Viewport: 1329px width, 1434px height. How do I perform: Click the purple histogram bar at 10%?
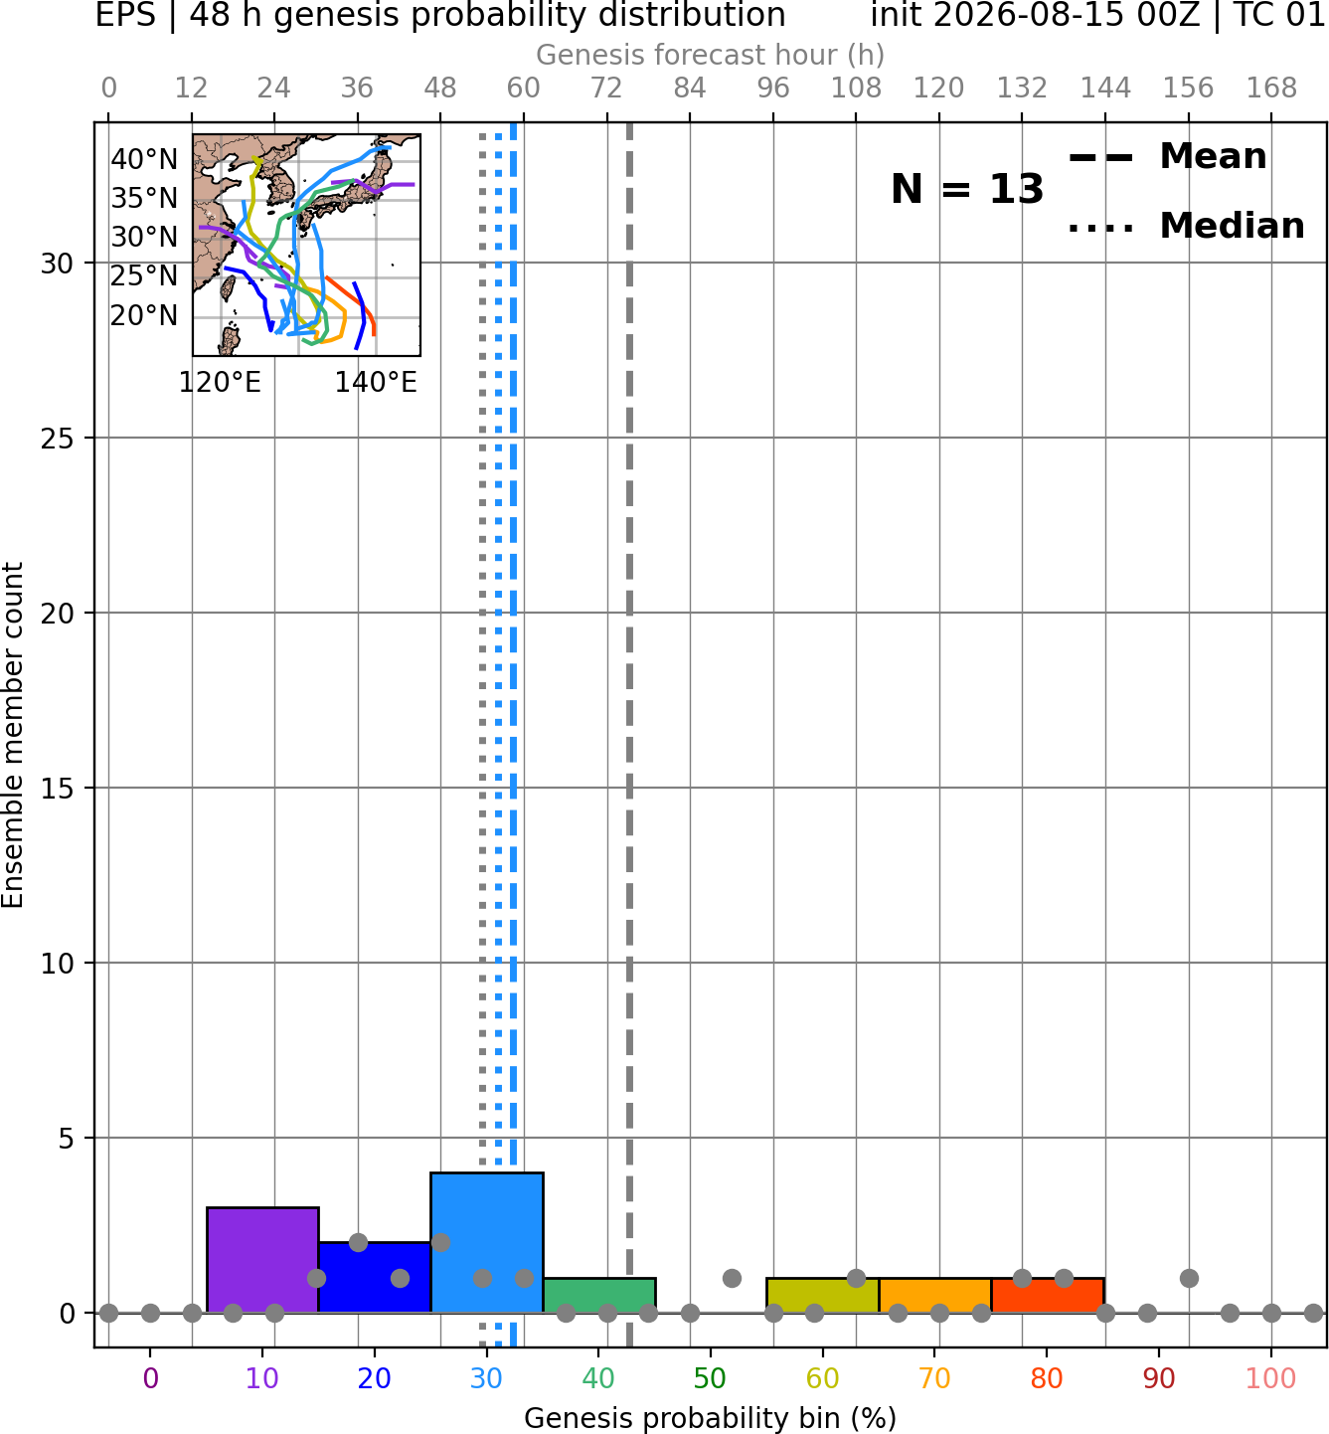click(262, 1259)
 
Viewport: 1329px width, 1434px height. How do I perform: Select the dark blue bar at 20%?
click(375, 1277)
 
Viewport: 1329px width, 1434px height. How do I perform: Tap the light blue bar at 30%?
click(486, 1242)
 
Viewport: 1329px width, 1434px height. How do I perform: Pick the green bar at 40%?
click(599, 1295)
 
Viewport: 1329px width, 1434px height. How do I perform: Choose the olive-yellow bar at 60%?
click(823, 1295)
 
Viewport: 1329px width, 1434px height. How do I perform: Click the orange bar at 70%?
click(934, 1295)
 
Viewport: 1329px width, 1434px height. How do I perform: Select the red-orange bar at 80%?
click(1048, 1295)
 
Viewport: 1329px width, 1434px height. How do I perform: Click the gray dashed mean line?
click(629, 734)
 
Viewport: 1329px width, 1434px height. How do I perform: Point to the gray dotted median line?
click(482, 734)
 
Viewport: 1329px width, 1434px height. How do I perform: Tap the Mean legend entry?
click(1167, 157)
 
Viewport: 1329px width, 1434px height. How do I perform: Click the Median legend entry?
click(1187, 226)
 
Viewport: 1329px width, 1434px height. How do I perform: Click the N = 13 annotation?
click(966, 189)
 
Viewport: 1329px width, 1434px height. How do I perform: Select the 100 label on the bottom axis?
click(1271, 1378)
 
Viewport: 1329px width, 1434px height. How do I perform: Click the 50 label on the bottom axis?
click(710, 1378)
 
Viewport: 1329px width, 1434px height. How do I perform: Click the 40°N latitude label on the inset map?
click(144, 159)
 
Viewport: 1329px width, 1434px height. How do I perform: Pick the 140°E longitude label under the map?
click(376, 382)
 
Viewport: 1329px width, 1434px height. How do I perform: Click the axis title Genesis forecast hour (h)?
click(710, 55)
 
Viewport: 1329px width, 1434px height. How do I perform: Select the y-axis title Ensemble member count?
click(12, 734)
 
